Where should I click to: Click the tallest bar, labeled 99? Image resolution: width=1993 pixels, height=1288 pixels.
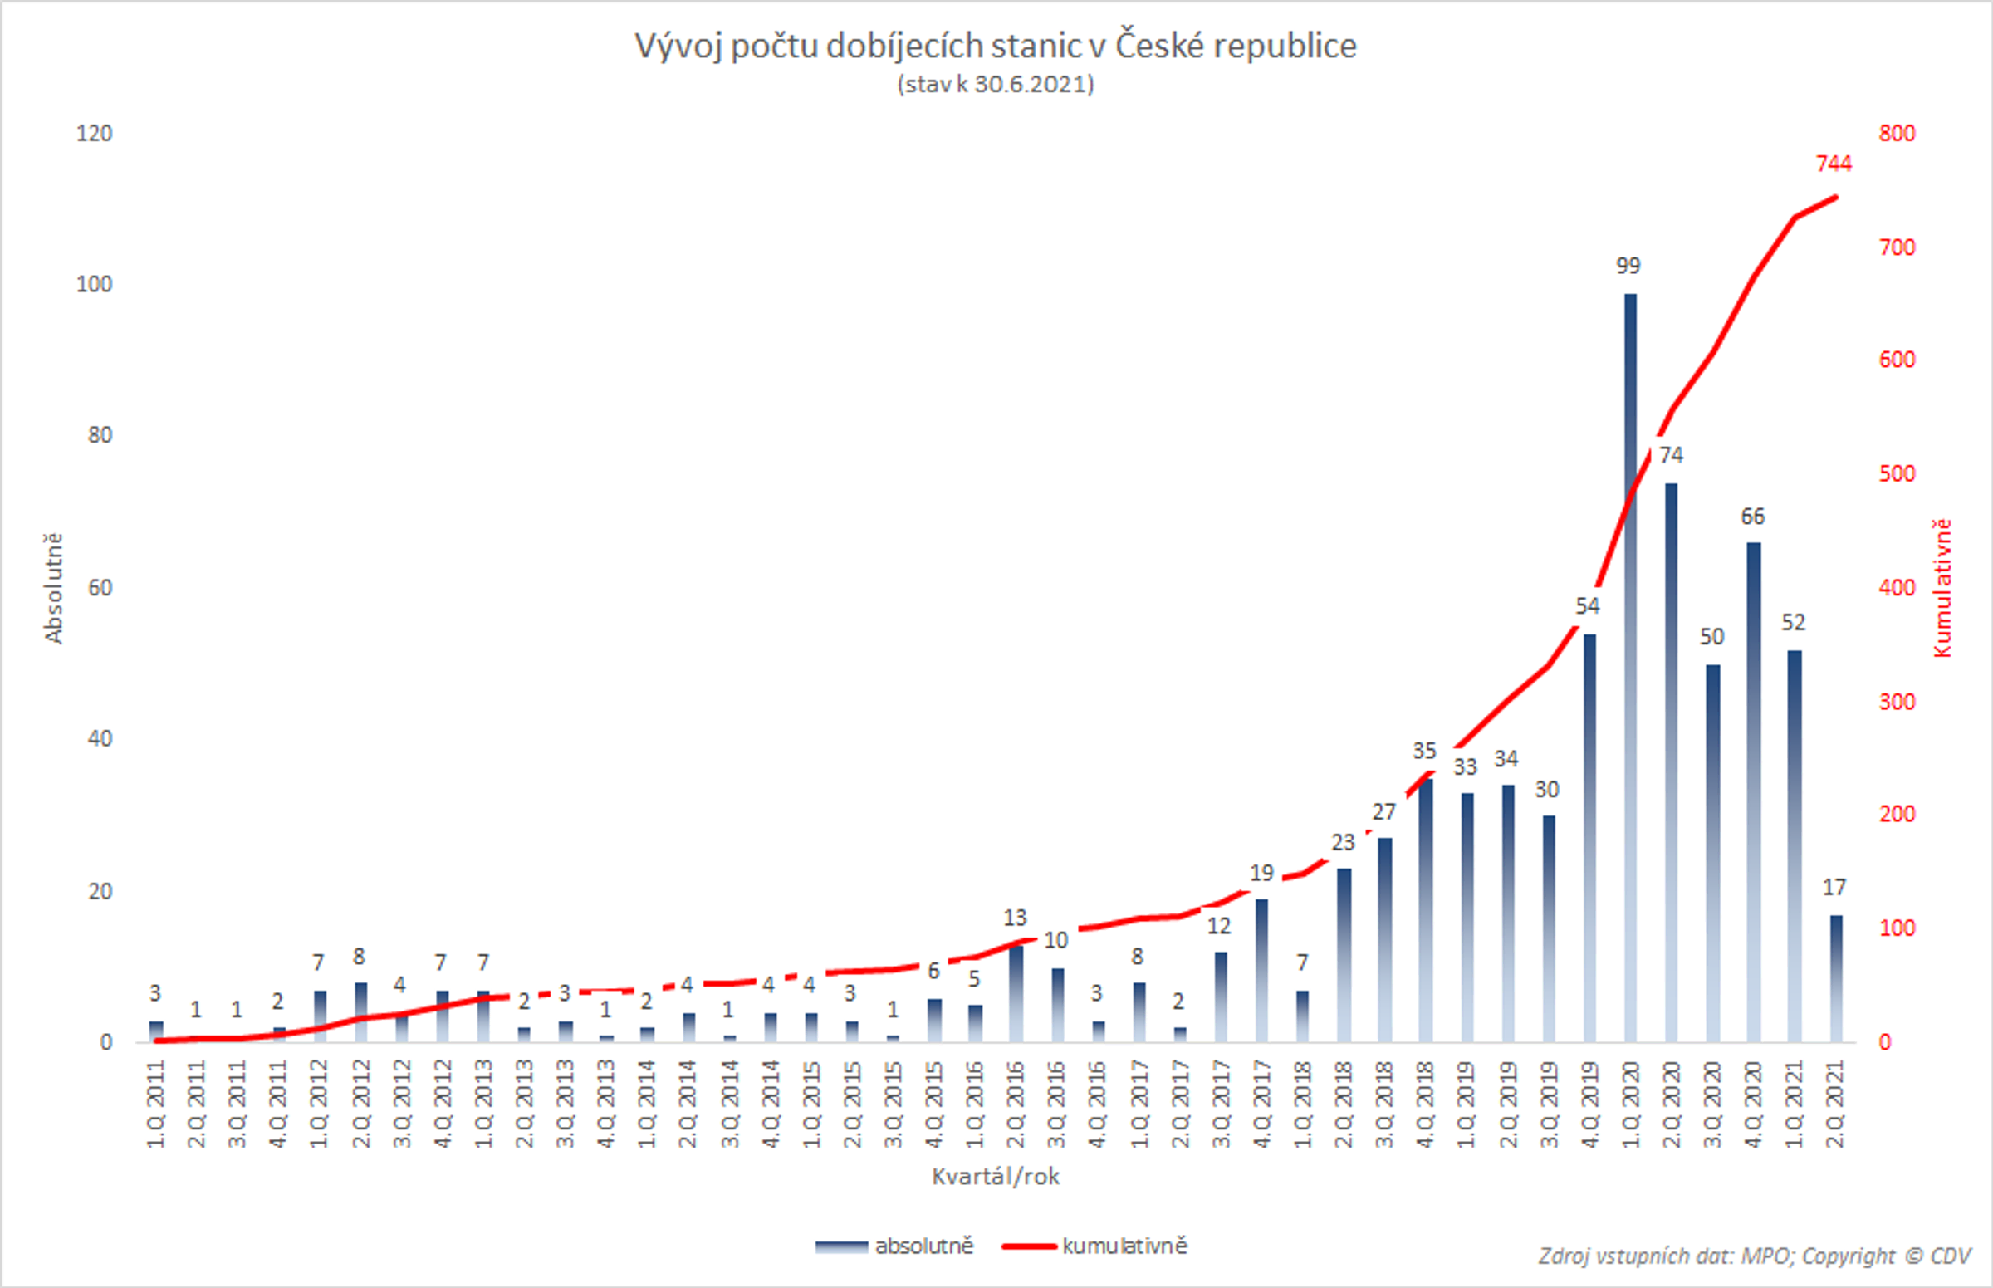point(1630,669)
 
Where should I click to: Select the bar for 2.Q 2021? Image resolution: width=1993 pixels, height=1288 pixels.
point(1836,978)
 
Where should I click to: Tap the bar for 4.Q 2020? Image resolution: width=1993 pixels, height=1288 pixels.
point(1754,795)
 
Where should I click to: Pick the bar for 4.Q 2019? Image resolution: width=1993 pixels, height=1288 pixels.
point(1590,836)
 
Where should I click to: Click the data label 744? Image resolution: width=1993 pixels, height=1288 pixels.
point(1834,164)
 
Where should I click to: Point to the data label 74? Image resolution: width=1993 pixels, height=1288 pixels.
point(1670,455)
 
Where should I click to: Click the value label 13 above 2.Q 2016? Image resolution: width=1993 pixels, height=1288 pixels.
point(1015,918)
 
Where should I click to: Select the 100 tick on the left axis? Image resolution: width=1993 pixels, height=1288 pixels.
point(94,284)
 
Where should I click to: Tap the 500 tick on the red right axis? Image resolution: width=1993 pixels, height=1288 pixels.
point(1896,473)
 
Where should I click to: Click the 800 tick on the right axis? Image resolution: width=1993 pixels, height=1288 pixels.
point(1896,133)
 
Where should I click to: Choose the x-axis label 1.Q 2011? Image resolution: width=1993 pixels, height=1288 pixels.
point(155,1103)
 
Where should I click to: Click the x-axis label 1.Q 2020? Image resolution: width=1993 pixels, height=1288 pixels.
point(1630,1103)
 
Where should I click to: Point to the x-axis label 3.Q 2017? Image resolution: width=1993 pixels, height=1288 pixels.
point(1220,1103)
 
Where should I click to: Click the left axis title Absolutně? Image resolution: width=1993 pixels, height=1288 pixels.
point(53,588)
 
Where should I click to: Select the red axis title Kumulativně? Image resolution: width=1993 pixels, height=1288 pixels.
point(1942,588)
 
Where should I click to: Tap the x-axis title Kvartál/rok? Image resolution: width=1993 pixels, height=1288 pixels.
point(995,1177)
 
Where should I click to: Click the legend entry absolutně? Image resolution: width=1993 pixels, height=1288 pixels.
point(923,1246)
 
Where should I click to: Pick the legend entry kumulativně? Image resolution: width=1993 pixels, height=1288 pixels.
point(1124,1246)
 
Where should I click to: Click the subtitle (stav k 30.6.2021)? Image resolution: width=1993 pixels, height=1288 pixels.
point(995,85)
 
